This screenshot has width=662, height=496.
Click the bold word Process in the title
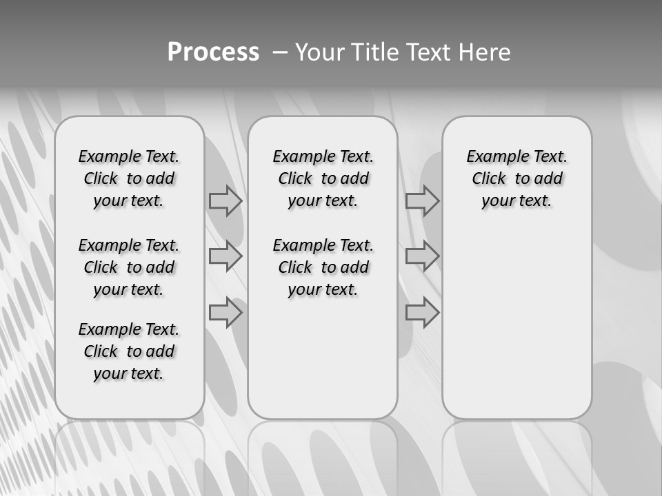(x=213, y=52)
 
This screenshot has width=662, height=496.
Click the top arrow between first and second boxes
(x=225, y=201)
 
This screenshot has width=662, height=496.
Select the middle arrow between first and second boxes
(x=225, y=256)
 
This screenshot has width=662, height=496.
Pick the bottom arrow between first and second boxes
(x=225, y=312)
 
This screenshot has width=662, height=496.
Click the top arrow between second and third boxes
(x=422, y=201)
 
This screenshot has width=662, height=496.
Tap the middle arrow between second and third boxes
(x=422, y=256)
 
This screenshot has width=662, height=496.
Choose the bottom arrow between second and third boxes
(x=422, y=312)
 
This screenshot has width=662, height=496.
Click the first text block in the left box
(x=129, y=178)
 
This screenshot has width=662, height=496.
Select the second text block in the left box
(x=129, y=267)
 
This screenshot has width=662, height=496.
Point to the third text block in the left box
(x=129, y=351)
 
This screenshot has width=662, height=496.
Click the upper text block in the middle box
(x=323, y=178)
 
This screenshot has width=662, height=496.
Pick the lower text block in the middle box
(x=323, y=267)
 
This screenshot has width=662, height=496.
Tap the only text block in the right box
(x=517, y=178)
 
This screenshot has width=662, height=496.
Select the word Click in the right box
(x=489, y=179)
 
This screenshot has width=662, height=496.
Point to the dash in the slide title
(x=280, y=52)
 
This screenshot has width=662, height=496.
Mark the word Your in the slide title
(x=319, y=52)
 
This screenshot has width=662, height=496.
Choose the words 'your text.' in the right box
(x=517, y=201)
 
